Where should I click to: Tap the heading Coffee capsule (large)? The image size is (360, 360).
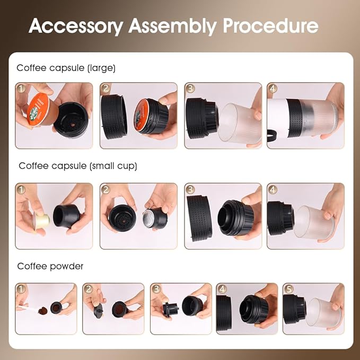point(66,68)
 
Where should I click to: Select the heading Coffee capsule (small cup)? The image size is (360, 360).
point(78,166)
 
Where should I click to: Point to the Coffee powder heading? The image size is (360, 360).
point(50,266)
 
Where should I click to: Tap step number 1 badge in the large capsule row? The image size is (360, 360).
point(21,88)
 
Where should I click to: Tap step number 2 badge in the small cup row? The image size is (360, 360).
point(106,189)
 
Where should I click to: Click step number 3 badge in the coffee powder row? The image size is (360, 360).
point(156,289)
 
